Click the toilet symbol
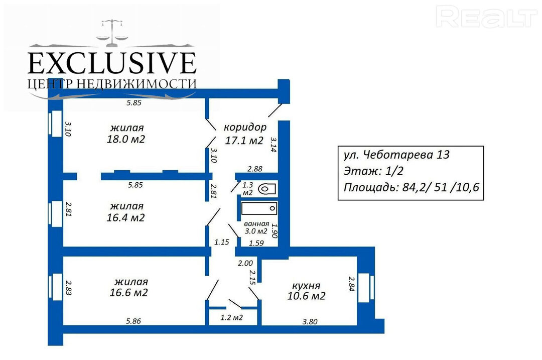tap(267, 189)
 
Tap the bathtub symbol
tap(259, 208)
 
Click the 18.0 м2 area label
tap(126, 139)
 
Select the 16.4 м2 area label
tap(125, 217)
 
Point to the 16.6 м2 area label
tap(128, 293)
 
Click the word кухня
tap(306, 286)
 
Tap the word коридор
tap(245, 128)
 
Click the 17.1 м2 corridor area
tap(244, 141)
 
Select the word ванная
tap(256, 224)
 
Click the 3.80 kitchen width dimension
tap(310, 322)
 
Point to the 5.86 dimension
tap(133, 321)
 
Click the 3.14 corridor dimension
tap(274, 145)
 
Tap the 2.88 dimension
tap(255, 169)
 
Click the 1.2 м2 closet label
tap(231, 317)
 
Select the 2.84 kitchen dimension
tap(351, 284)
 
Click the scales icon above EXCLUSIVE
tap(112, 33)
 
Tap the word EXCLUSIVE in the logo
tap(112, 63)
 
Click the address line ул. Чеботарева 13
tap(396, 155)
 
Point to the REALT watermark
tap(486, 17)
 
